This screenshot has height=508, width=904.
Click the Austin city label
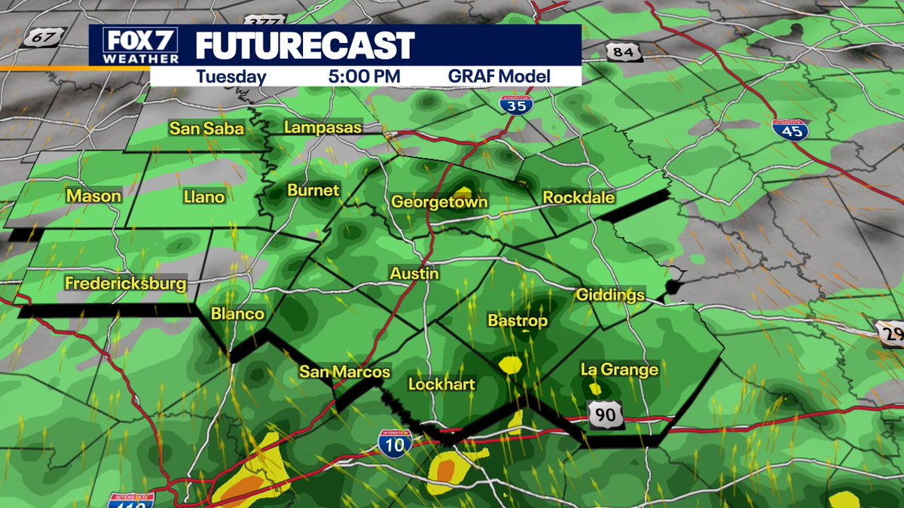tap(414, 274)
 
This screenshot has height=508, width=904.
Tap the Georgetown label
tap(439, 202)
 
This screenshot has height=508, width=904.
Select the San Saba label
tap(206, 129)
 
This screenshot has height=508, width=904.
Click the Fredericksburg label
tap(125, 284)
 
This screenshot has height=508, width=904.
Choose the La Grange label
tap(619, 370)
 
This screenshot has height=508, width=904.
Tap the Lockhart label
tap(441, 385)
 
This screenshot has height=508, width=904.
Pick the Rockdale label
tap(579, 198)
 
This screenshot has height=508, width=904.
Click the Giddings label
tap(610, 294)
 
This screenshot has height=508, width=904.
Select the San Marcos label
tap(344, 372)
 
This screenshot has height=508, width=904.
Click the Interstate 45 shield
tap(789, 130)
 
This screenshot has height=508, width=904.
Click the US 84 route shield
tap(618, 51)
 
